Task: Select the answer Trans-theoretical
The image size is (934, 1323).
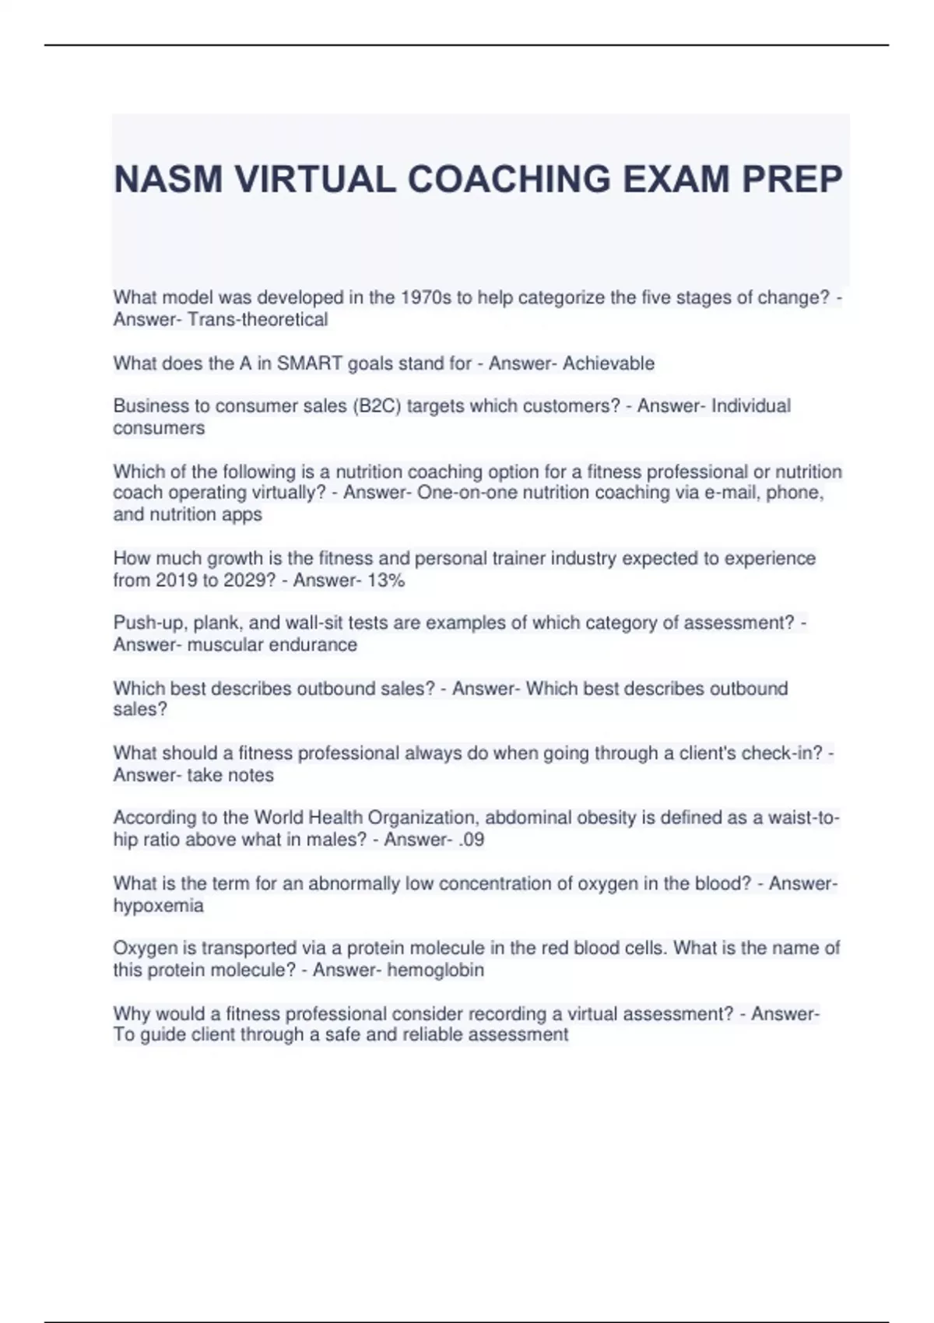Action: tap(258, 320)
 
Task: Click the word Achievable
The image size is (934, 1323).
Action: tap(609, 363)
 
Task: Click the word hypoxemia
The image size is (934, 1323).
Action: tap(159, 906)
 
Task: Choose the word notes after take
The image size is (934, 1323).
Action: tap(251, 775)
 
